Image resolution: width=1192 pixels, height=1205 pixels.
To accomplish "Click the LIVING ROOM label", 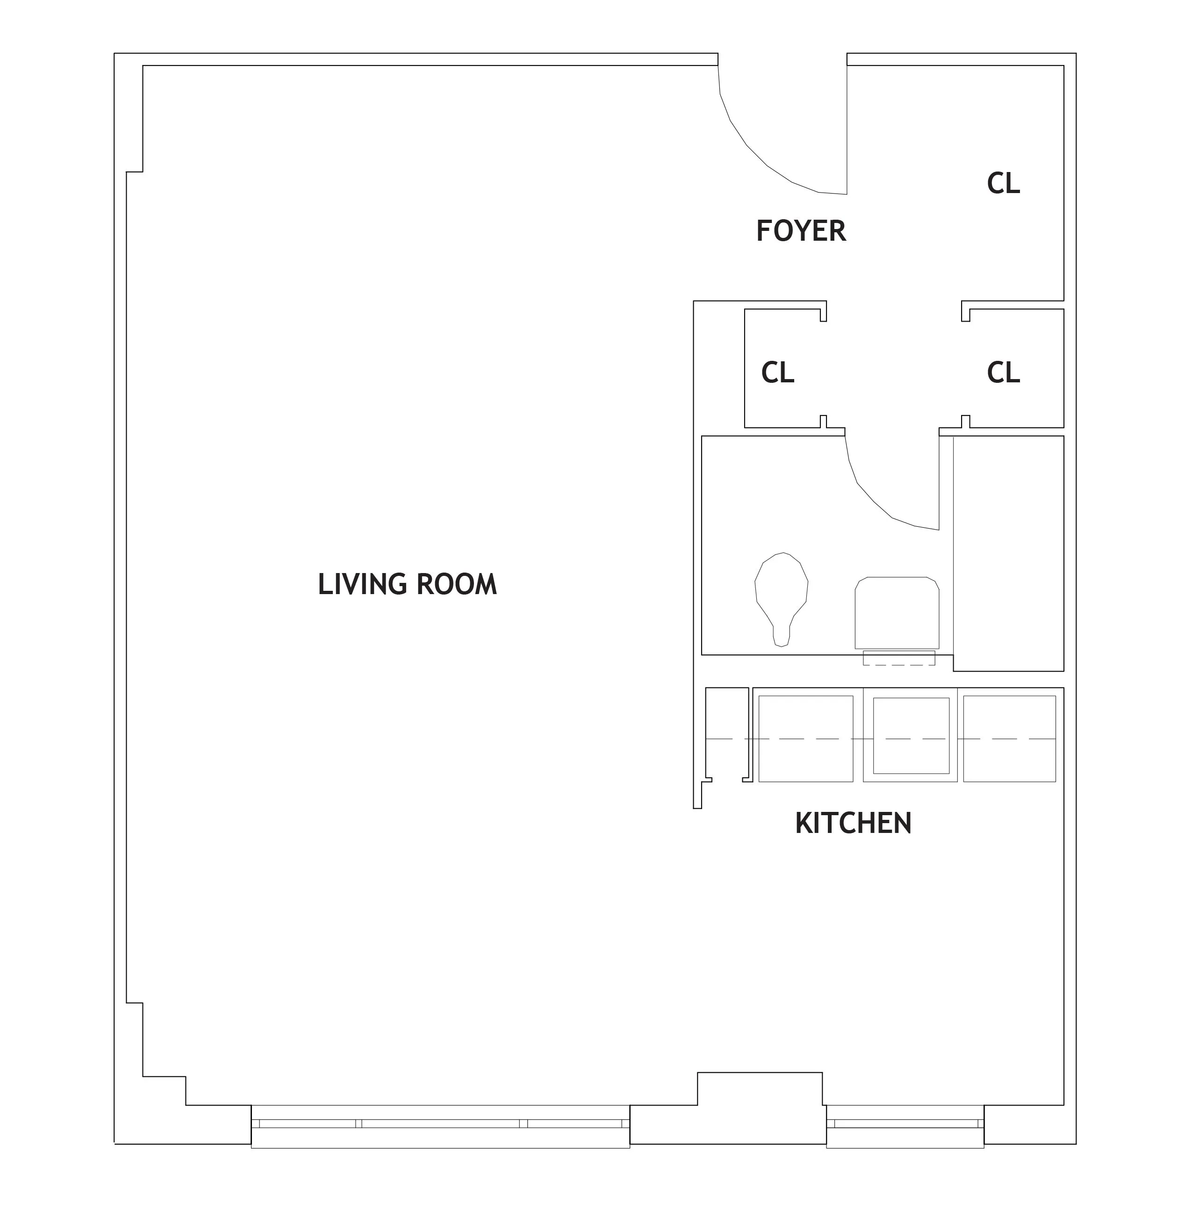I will tap(407, 584).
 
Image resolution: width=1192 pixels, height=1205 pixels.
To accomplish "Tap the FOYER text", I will tap(800, 231).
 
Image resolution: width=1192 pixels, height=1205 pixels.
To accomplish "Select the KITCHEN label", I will tap(853, 823).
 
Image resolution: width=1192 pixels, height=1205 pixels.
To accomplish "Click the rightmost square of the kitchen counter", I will tap(1009, 738).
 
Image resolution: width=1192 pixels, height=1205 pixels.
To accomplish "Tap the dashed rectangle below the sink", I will tap(898, 658).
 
